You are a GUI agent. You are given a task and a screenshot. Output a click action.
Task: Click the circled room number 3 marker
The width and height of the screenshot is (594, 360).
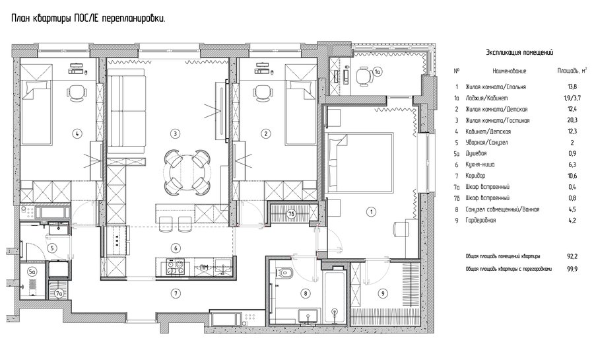click(x=175, y=133)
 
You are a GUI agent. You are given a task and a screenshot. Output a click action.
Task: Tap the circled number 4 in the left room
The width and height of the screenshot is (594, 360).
click(x=77, y=133)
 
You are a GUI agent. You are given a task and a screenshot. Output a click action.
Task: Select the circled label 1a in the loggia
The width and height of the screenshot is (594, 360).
click(x=378, y=71)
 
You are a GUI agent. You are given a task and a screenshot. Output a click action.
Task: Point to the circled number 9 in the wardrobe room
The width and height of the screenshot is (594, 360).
click(x=383, y=293)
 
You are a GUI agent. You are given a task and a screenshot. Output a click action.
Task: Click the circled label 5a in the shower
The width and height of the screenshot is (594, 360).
click(x=32, y=271)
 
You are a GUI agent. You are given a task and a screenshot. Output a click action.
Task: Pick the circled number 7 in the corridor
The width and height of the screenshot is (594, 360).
click(x=175, y=293)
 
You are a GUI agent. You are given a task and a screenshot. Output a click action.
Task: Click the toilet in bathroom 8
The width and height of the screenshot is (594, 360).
click(x=285, y=272)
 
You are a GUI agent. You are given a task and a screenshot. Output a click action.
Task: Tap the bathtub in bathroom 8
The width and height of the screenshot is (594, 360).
click(x=335, y=295)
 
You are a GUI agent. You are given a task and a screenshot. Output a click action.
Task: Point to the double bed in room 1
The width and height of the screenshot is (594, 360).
click(x=360, y=162)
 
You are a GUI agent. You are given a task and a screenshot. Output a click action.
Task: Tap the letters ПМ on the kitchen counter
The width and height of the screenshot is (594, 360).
click(x=204, y=267)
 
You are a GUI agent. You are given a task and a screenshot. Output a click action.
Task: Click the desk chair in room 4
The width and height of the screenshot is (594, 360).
click(x=77, y=92)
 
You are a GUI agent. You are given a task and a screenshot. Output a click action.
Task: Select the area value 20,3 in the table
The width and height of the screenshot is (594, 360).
click(x=572, y=120)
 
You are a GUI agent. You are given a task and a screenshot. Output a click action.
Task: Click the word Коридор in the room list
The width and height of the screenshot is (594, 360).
click(x=475, y=176)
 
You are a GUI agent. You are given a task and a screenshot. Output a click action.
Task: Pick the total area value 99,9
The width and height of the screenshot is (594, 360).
click(x=572, y=269)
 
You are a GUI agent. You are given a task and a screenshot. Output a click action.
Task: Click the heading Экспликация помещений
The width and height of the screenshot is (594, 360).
click(x=519, y=53)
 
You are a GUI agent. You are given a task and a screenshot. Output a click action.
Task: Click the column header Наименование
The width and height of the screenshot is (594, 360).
click(x=509, y=71)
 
